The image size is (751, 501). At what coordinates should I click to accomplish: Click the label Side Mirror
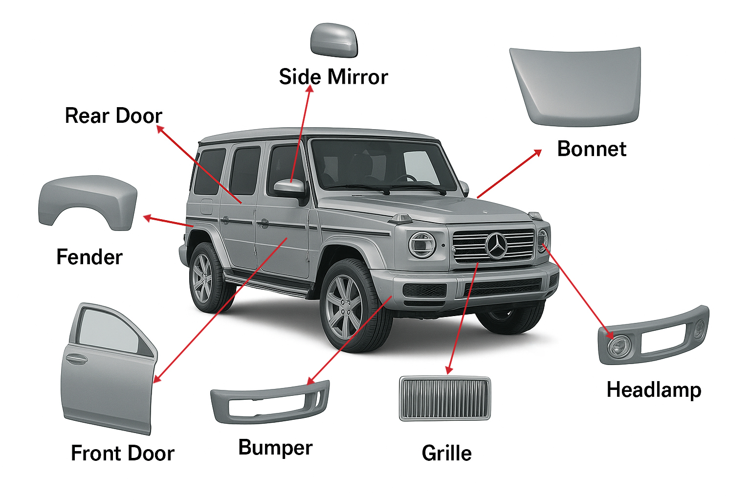click(333, 77)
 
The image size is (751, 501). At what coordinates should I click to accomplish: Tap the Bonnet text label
click(591, 149)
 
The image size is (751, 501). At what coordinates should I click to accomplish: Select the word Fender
click(89, 257)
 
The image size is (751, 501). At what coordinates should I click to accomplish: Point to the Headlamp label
click(654, 390)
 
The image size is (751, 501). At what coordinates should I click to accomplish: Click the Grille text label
click(446, 454)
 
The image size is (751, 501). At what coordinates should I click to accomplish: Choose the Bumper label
click(275, 448)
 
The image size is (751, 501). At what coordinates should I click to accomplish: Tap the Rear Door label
click(113, 116)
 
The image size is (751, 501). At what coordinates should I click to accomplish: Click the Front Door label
click(122, 454)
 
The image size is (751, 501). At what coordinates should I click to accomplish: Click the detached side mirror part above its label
click(334, 40)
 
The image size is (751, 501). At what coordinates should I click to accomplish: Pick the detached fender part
click(88, 198)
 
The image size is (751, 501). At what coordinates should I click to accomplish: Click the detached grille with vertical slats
click(444, 398)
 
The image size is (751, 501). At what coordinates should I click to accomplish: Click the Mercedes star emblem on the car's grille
click(496, 246)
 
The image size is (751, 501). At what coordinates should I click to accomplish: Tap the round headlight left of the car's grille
click(421, 245)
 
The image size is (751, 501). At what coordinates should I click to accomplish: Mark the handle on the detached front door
click(77, 360)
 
